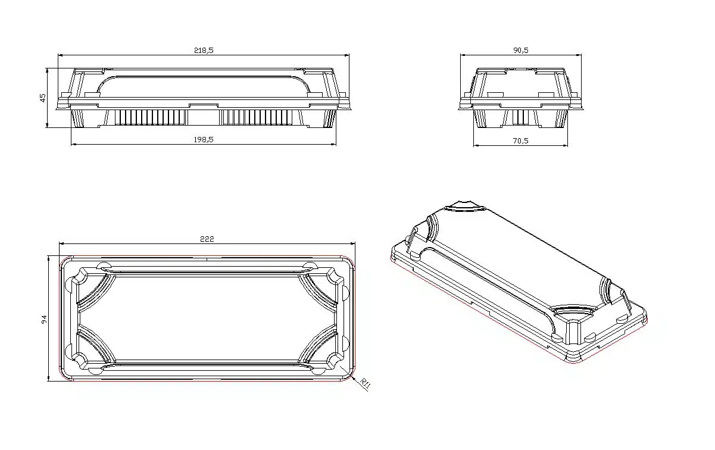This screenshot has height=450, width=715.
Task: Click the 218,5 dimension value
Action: coord(203,51)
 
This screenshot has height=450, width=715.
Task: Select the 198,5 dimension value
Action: coord(203,139)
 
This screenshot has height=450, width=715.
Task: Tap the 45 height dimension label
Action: coord(43,98)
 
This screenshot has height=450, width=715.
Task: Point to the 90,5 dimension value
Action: coord(520,51)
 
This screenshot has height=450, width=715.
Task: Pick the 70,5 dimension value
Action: coord(520,140)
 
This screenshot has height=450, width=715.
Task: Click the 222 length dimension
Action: coord(207,239)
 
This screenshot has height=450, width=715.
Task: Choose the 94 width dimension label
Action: coord(44,320)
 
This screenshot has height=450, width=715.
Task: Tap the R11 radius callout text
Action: coord(366,385)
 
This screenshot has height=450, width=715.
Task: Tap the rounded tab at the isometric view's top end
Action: coord(465,205)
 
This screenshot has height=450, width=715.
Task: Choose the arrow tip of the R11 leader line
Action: coord(351,374)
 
